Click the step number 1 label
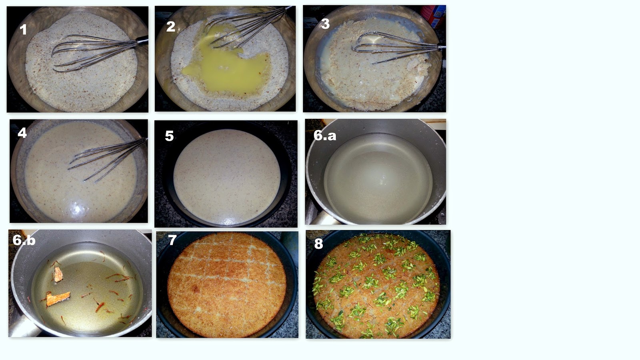pyautogui.click(x=23, y=30)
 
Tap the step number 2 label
pyautogui.click(x=170, y=26)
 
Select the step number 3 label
pyautogui.click(x=326, y=24)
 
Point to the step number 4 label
pyautogui.click(x=22, y=133)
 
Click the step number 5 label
pyautogui.click(x=169, y=136)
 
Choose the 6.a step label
pyautogui.click(x=325, y=135)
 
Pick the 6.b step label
pyautogui.click(x=24, y=240)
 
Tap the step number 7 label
pyautogui.click(x=172, y=240)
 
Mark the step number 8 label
pyautogui.click(x=318, y=244)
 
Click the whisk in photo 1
pyautogui.click(x=97, y=53)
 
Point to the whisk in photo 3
pyautogui.click(x=397, y=47)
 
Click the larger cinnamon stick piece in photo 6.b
pyautogui.click(x=58, y=298)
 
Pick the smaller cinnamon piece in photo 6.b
pyautogui.click(x=58, y=274)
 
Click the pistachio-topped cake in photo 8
pyautogui.click(x=376, y=286)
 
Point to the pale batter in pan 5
pyautogui.click(x=226, y=176)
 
